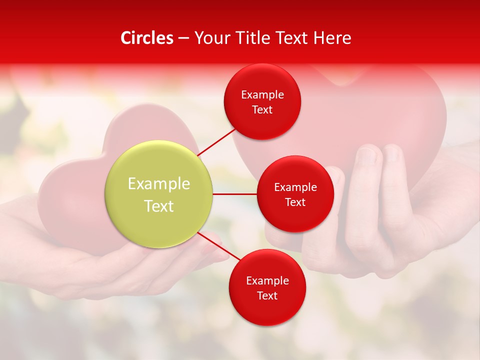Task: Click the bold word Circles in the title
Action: point(147,38)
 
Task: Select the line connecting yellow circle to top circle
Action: point(217,140)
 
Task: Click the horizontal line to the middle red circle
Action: point(234,194)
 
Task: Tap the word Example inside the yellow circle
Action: point(159,183)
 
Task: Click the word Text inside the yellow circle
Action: point(159,205)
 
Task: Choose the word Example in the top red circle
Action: point(262,94)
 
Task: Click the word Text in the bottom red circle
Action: point(267,295)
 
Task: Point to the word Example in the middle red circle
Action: point(295,187)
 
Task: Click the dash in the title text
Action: point(183,38)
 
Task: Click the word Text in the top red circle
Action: point(262,109)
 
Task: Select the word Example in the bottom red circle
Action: point(267,280)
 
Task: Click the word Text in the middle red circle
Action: point(295,202)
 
